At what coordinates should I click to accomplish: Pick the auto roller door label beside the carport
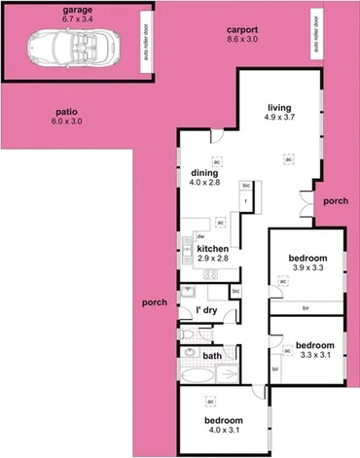pos(317,34)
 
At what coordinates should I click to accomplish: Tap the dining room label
pos(205,172)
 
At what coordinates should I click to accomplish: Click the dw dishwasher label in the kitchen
pos(199,236)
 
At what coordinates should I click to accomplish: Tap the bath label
pos(211,356)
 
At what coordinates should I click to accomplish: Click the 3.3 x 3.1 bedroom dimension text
pos(314,357)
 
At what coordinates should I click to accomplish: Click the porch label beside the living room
pos(336,200)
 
